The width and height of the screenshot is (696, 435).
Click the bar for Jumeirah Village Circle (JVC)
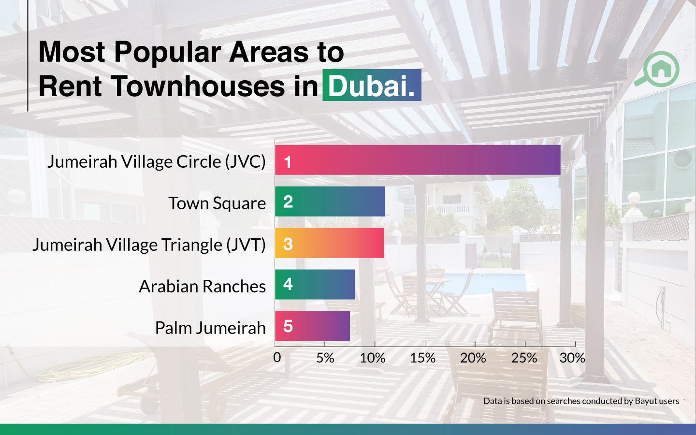418,160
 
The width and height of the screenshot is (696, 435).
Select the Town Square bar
330,202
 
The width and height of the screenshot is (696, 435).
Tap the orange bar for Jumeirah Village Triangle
329,243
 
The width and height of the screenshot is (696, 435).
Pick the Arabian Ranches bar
315,284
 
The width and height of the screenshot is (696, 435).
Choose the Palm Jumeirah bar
312,326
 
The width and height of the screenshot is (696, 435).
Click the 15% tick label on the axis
423,358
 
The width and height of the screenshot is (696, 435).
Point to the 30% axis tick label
572,358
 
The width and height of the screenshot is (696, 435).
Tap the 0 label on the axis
277,358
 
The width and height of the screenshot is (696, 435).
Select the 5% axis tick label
325,358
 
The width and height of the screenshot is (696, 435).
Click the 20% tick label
473,358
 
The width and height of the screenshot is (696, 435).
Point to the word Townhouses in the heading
197,86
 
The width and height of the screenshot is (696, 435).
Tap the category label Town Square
217,203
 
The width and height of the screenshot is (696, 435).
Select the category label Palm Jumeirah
210,328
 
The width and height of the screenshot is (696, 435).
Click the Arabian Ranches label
202,286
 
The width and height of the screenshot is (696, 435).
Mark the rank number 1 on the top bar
288,162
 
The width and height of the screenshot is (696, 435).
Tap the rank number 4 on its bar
288,284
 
